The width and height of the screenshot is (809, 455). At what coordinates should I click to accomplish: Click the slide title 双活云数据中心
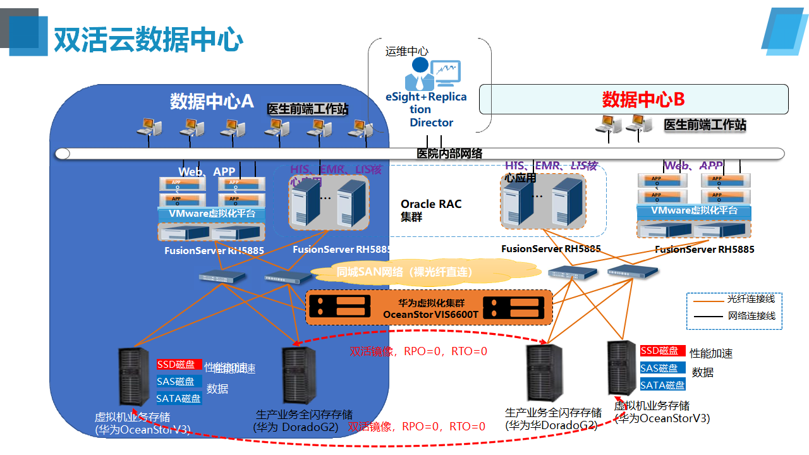pyautogui.click(x=148, y=39)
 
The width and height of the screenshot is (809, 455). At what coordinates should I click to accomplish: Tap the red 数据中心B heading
pyautogui.click(x=643, y=99)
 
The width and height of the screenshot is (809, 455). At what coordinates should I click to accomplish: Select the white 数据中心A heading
pyautogui.click(x=212, y=101)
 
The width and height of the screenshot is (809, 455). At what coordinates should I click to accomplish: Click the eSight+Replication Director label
pyautogui.click(x=426, y=109)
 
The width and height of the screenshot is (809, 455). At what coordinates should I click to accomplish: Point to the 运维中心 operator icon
pyautogui.click(x=421, y=73)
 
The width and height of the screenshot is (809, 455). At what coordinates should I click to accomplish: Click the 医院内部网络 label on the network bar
pyautogui.click(x=449, y=154)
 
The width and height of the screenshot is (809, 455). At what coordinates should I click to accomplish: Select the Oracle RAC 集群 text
pyautogui.click(x=431, y=210)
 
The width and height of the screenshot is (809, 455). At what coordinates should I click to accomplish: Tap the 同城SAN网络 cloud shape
pyautogui.click(x=404, y=272)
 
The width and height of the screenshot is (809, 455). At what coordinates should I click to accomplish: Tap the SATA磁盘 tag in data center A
pyautogui.click(x=179, y=398)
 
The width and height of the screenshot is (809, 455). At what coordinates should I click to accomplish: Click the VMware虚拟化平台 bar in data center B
pyautogui.click(x=694, y=210)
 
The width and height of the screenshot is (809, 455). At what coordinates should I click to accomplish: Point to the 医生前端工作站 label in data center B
pyautogui.click(x=705, y=125)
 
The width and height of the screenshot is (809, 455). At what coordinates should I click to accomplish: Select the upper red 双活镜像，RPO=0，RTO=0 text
pyautogui.click(x=418, y=351)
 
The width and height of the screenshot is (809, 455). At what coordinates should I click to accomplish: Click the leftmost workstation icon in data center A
pyautogui.click(x=149, y=126)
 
